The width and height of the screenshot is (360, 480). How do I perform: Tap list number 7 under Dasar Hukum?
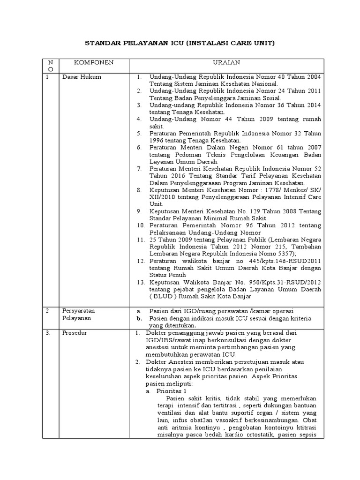click(x=140, y=168)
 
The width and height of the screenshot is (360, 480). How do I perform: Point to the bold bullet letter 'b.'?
click(x=139, y=318)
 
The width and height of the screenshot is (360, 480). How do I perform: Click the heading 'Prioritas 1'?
click(x=172, y=391)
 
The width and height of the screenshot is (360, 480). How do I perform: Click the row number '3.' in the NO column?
click(x=48, y=333)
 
